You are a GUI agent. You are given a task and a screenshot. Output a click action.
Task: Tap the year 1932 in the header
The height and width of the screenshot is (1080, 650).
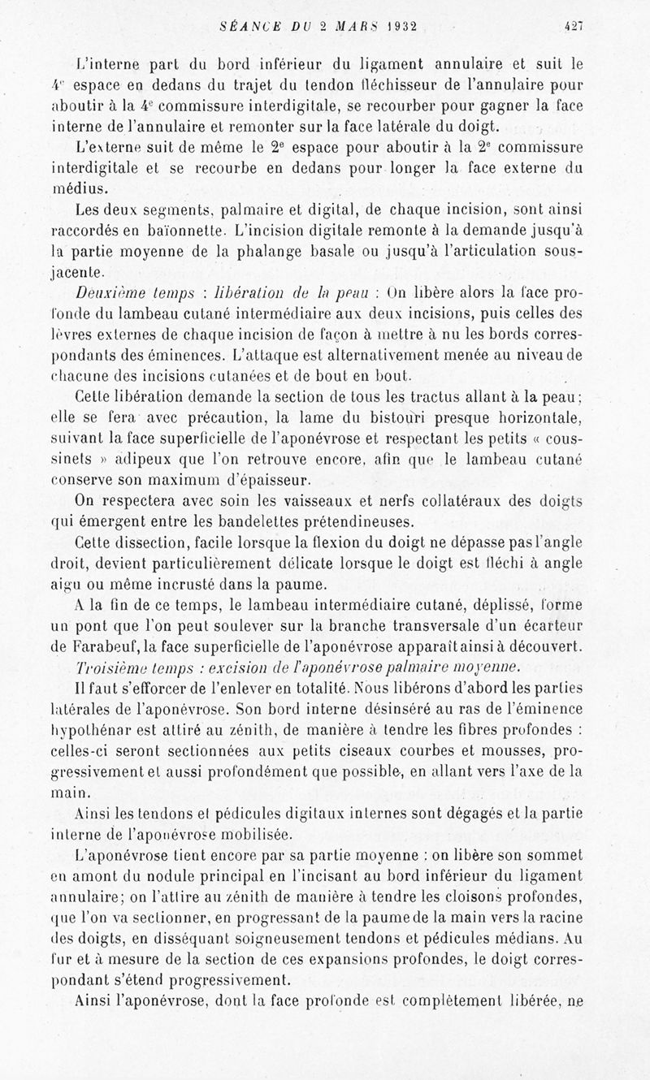pos(392,26)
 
